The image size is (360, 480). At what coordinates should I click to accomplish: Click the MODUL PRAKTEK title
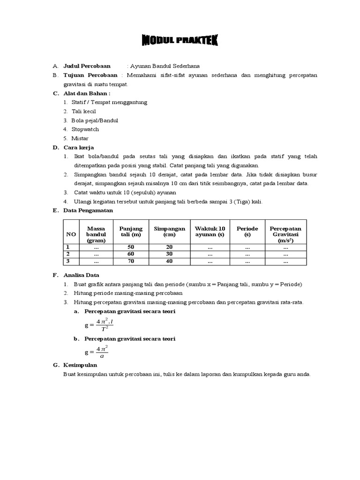(180, 42)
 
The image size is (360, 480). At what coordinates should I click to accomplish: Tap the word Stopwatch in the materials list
(86, 129)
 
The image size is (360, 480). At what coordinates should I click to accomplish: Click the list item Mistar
(80, 138)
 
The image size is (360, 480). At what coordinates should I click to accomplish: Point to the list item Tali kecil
(84, 111)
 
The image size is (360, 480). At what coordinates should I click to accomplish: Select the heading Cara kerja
(79, 147)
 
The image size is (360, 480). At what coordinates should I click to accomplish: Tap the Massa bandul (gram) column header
(96, 234)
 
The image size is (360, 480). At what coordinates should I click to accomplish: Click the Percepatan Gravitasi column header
(285, 234)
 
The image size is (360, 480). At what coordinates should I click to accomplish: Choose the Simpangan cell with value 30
(169, 254)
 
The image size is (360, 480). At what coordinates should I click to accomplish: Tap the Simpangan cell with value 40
(169, 261)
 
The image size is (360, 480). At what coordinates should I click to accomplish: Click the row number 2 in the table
(67, 254)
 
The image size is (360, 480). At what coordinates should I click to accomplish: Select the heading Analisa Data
(82, 275)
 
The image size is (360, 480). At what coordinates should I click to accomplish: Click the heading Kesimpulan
(80, 365)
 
